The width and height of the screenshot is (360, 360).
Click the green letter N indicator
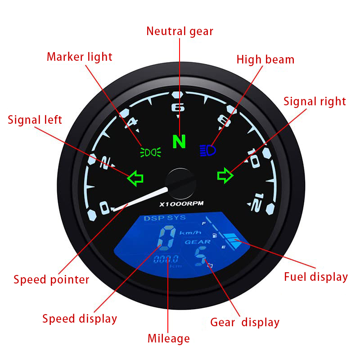pyautogui.click(x=179, y=142)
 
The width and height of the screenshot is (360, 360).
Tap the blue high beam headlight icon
pyautogui.click(x=208, y=150)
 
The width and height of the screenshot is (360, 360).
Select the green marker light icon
pyautogui.click(x=150, y=152)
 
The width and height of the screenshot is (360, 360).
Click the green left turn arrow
pyautogui.click(x=135, y=178)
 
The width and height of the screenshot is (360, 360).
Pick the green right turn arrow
pyautogui.click(x=225, y=175)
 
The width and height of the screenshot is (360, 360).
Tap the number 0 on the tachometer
pyautogui.click(x=104, y=208)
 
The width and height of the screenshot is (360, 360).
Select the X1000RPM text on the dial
pyautogui.click(x=181, y=204)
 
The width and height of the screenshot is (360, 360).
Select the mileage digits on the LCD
pyautogui.click(x=166, y=259)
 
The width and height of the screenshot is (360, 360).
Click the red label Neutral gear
pyautogui.click(x=180, y=31)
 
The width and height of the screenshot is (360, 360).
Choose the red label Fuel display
pyautogui.click(x=315, y=276)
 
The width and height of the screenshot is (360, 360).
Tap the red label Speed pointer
pyautogui.click(x=51, y=279)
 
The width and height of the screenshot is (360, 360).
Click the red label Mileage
pyautogui.click(x=169, y=338)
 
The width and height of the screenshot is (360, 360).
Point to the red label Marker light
pyautogui.click(x=80, y=57)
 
